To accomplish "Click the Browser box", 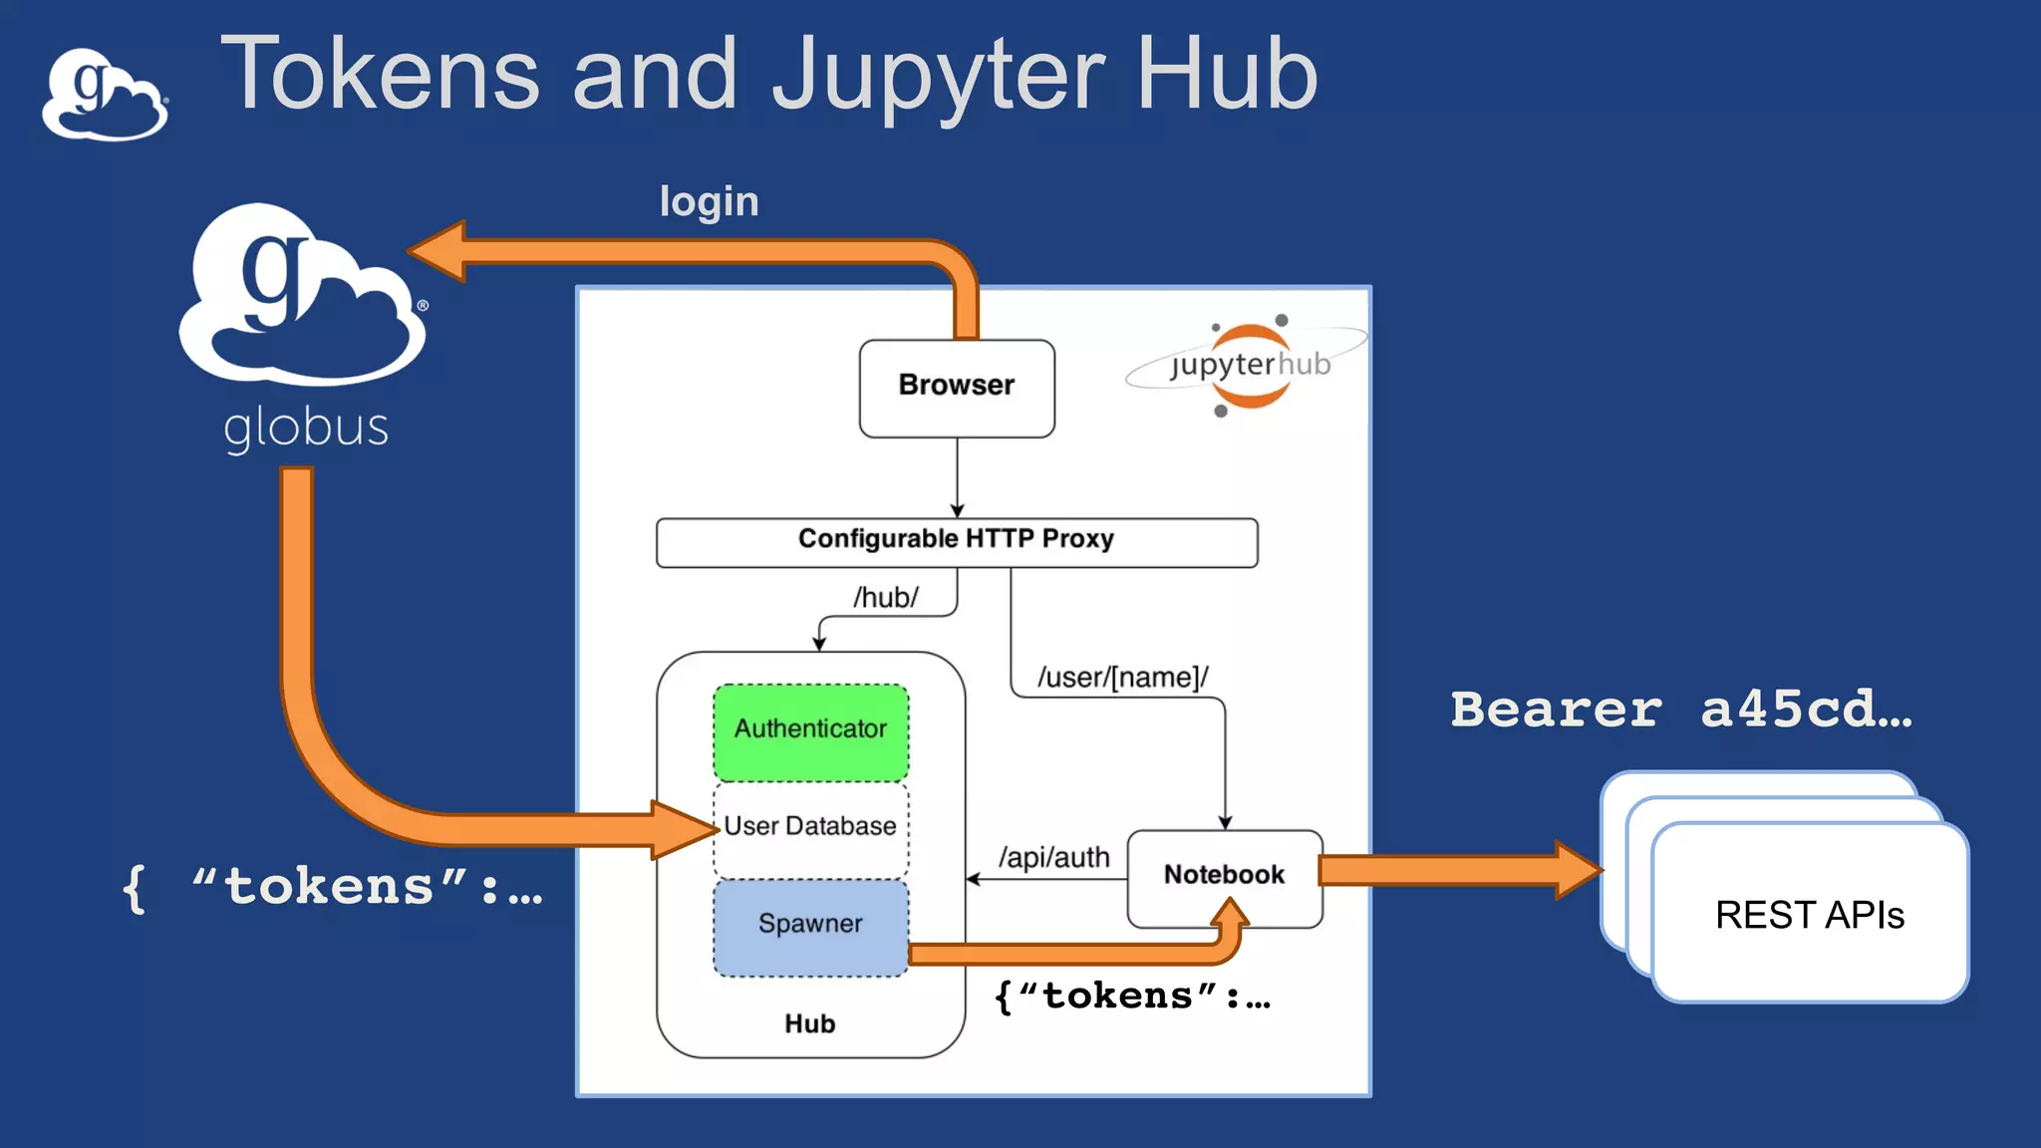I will click(x=957, y=388).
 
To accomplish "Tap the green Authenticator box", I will click(x=810, y=731).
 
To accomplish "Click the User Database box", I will click(x=810, y=827).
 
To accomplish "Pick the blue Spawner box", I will click(x=810, y=926).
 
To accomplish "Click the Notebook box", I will click(x=1224, y=877).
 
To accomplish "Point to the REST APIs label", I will click(x=1809, y=915).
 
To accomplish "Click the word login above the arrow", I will click(x=709, y=202).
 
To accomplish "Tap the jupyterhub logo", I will click(x=1249, y=366).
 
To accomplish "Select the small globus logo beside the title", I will click(x=104, y=96).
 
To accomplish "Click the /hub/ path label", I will click(x=885, y=598).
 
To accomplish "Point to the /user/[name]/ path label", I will click(x=1122, y=678).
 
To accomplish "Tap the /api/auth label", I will click(x=1053, y=857).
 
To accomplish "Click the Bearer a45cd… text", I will click(x=1680, y=710).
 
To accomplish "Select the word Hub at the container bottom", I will click(x=809, y=1023).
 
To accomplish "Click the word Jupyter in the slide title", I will click(x=938, y=76).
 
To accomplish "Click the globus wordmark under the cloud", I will click(x=305, y=429).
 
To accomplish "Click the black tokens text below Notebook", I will click(x=1133, y=996).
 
